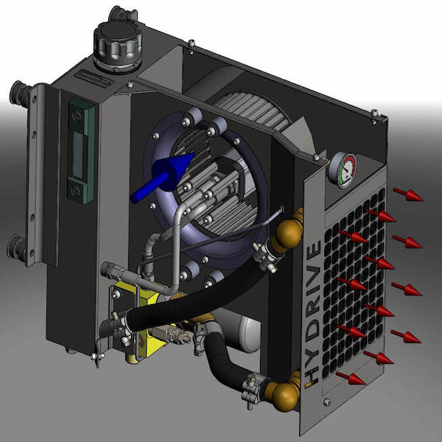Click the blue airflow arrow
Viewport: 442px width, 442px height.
(162, 177)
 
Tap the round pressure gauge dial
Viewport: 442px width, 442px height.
(343, 171)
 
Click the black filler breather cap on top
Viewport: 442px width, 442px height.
(118, 46)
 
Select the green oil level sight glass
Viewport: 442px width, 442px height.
(81, 150)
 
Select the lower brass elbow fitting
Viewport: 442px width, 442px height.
(284, 393)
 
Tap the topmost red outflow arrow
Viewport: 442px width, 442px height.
(408, 194)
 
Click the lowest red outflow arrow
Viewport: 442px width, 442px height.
(351, 379)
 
